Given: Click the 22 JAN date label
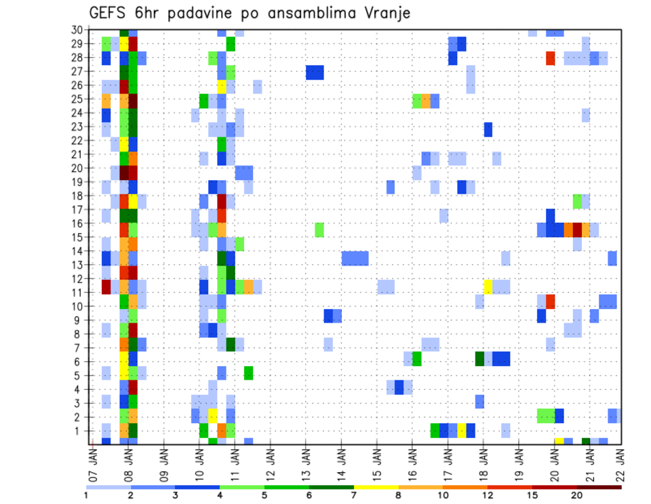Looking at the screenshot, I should click(622, 463).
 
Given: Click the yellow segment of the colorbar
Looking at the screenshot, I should click(376, 487).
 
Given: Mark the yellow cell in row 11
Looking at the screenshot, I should click(488, 287).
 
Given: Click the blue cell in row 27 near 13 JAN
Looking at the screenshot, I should click(314, 72).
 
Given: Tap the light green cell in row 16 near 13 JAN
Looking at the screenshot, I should click(319, 230).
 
